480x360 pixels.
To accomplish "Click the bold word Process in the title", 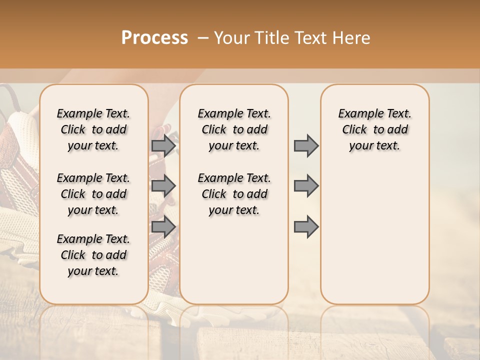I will coord(154,38).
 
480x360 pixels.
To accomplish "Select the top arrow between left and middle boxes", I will coord(163,145).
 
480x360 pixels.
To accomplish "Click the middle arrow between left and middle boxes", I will coord(163,186).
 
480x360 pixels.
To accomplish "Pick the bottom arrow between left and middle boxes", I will coord(163,226).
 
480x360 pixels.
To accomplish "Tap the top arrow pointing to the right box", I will coord(306,145).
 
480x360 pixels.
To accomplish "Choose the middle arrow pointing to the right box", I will coord(306,186).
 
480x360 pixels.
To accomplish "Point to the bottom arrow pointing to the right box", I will coord(306,226).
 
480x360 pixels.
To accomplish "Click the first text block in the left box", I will coord(93,129).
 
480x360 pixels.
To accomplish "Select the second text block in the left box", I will coord(93,194).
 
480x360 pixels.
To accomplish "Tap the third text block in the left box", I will coord(93,255).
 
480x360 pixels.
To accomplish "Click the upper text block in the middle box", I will coord(234,129).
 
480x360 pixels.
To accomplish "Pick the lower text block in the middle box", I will coord(234,194).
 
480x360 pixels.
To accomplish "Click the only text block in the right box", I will coord(374,129).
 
